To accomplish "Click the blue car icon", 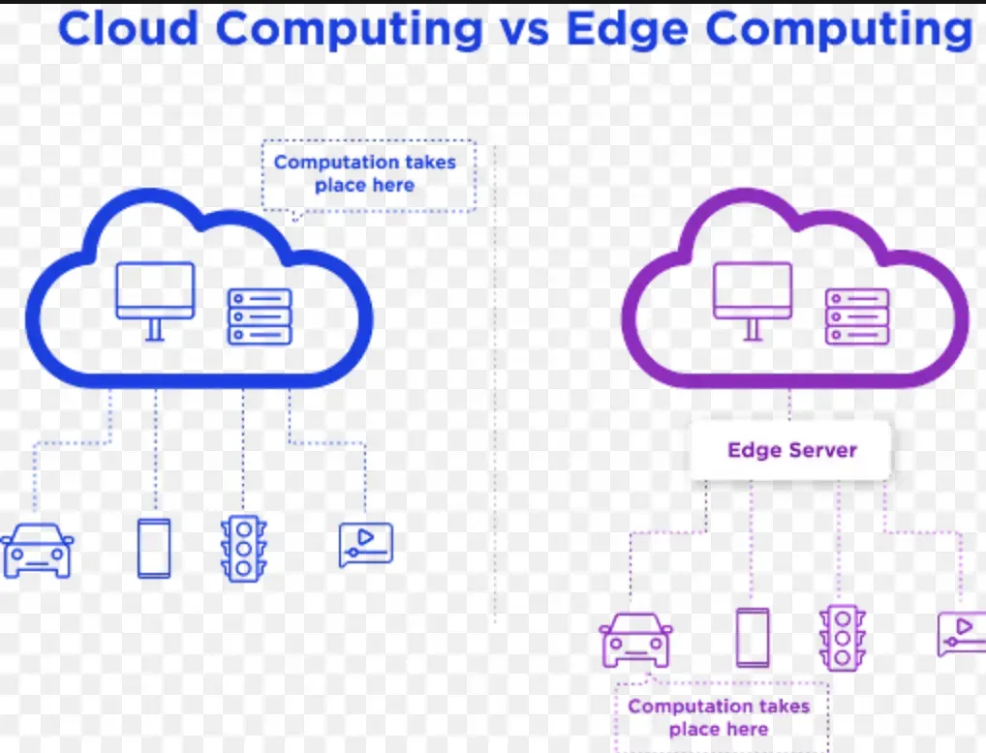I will point(37,551).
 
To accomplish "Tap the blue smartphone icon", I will point(154,549).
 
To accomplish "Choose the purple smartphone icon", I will point(753,637).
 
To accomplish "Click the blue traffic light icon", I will point(243,549).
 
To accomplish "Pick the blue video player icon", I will point(365,545).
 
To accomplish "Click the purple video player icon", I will point(962,634).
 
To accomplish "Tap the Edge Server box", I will point(790,450).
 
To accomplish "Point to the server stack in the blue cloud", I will point(260,316).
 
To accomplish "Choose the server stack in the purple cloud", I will point(857,316).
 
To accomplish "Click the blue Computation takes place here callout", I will point(369,174).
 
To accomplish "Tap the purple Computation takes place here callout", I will point(719,717).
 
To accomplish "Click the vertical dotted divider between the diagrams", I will point(495,387).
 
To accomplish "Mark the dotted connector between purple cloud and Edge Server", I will point(789,404).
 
